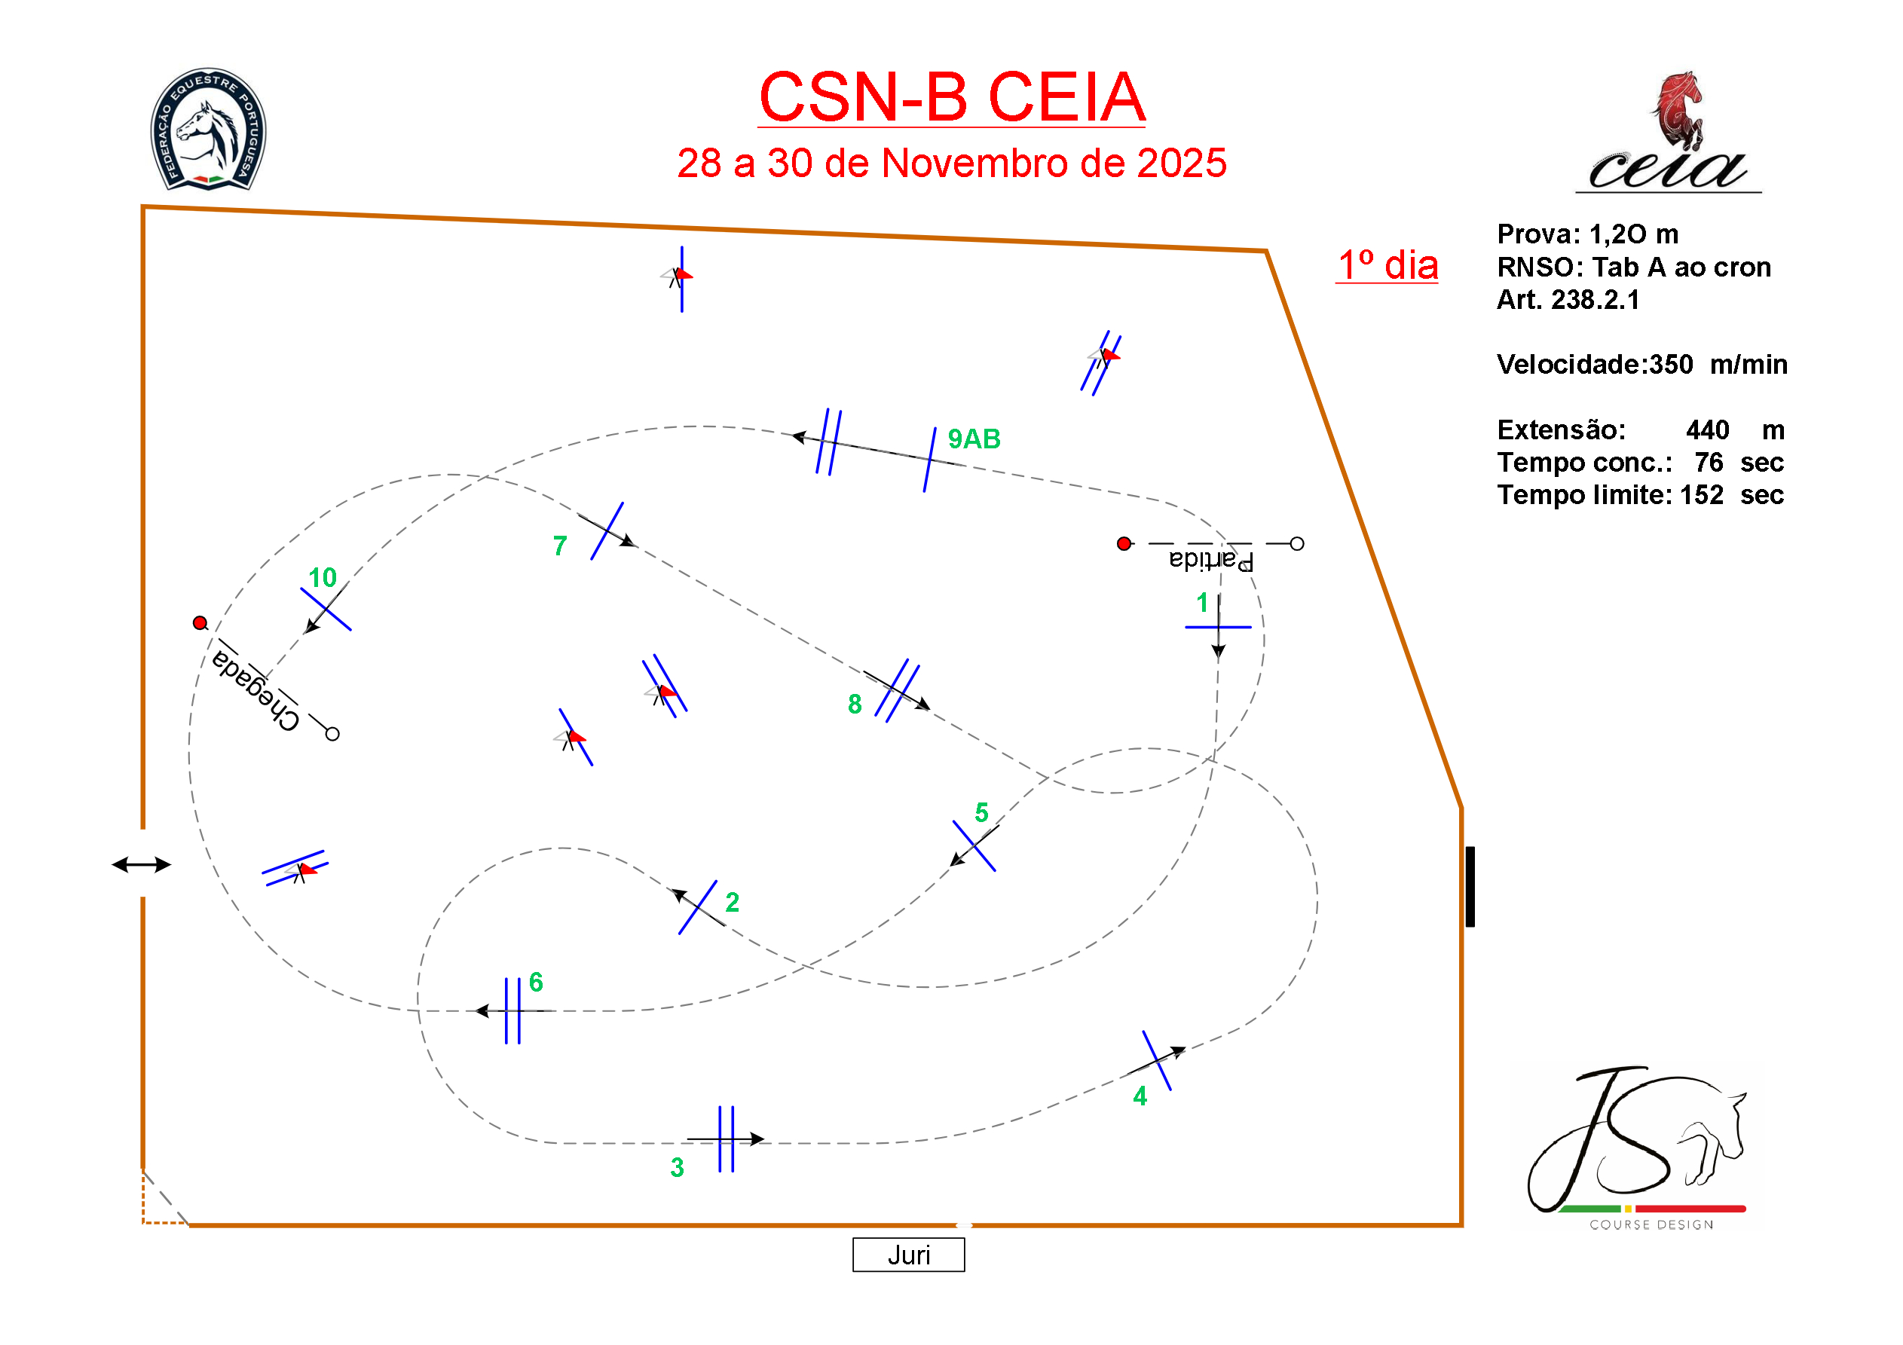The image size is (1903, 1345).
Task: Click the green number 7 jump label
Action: click(560, 546)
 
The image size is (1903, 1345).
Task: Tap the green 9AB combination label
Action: click(974, 439)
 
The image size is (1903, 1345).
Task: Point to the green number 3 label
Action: click(677, 1167)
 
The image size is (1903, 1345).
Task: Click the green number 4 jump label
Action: click(1140, 1096)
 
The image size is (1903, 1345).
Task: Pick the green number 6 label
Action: click(537, 982)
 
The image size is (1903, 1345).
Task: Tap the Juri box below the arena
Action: click(908, 1255)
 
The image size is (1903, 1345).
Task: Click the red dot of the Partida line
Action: click(1124, 543)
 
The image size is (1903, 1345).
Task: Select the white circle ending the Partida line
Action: click(1297, 543)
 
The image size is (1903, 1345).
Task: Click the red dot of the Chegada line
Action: click(200, 622)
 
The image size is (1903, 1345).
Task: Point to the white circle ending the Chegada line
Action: click(332, 733)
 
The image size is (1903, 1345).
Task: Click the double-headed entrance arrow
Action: click(142, 864)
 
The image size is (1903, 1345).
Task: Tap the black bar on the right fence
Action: click(1470, 886)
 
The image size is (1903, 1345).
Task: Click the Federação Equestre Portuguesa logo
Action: click(208, 130)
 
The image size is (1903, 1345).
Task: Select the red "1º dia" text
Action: click(1387, 265)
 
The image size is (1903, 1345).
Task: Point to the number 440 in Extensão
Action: click(1707, 429)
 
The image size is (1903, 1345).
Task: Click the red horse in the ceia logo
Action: click(1678, 108)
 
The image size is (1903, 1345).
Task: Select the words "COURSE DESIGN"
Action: click(1651, 1225)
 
